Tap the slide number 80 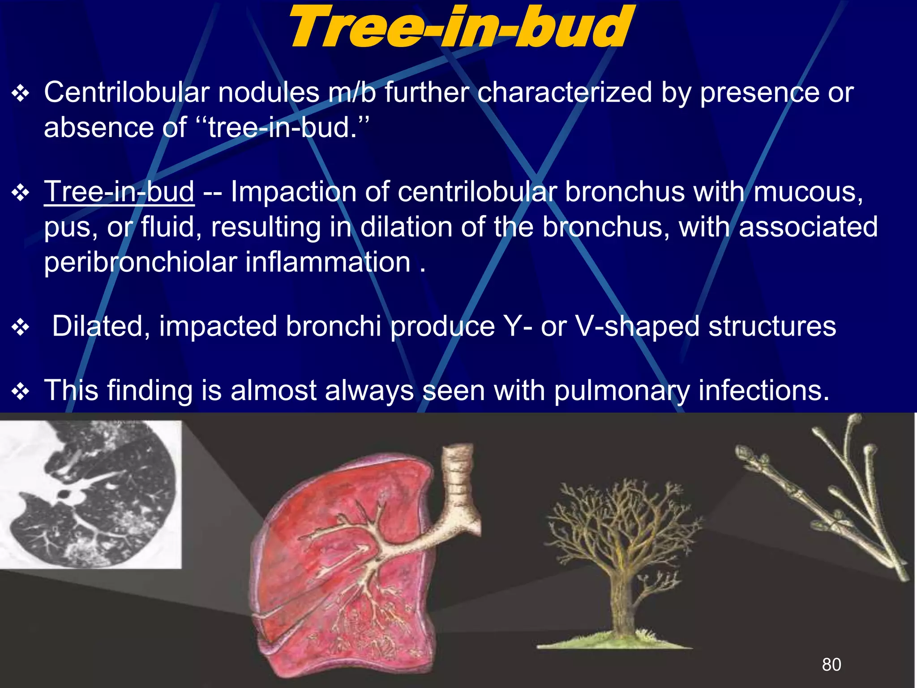click(x=831, y=664)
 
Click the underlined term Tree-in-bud click(x=119, y=192)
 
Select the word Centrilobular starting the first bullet click(x=127, y=93)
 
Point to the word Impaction click(x=293, y=192)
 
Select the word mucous click(x=808, y=192)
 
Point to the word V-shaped click(x=637, y=326)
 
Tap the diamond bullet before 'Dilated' click(x=21, y=327)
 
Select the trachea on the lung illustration click(x=458, y=475)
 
